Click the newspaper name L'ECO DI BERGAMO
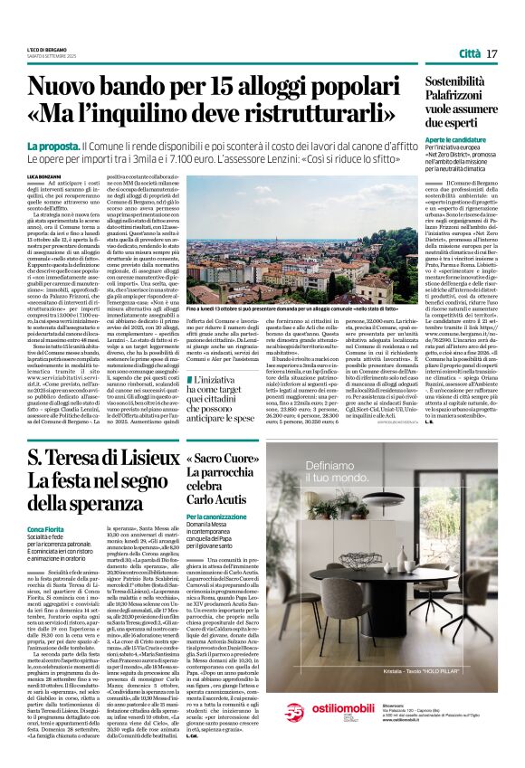point(45,49)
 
